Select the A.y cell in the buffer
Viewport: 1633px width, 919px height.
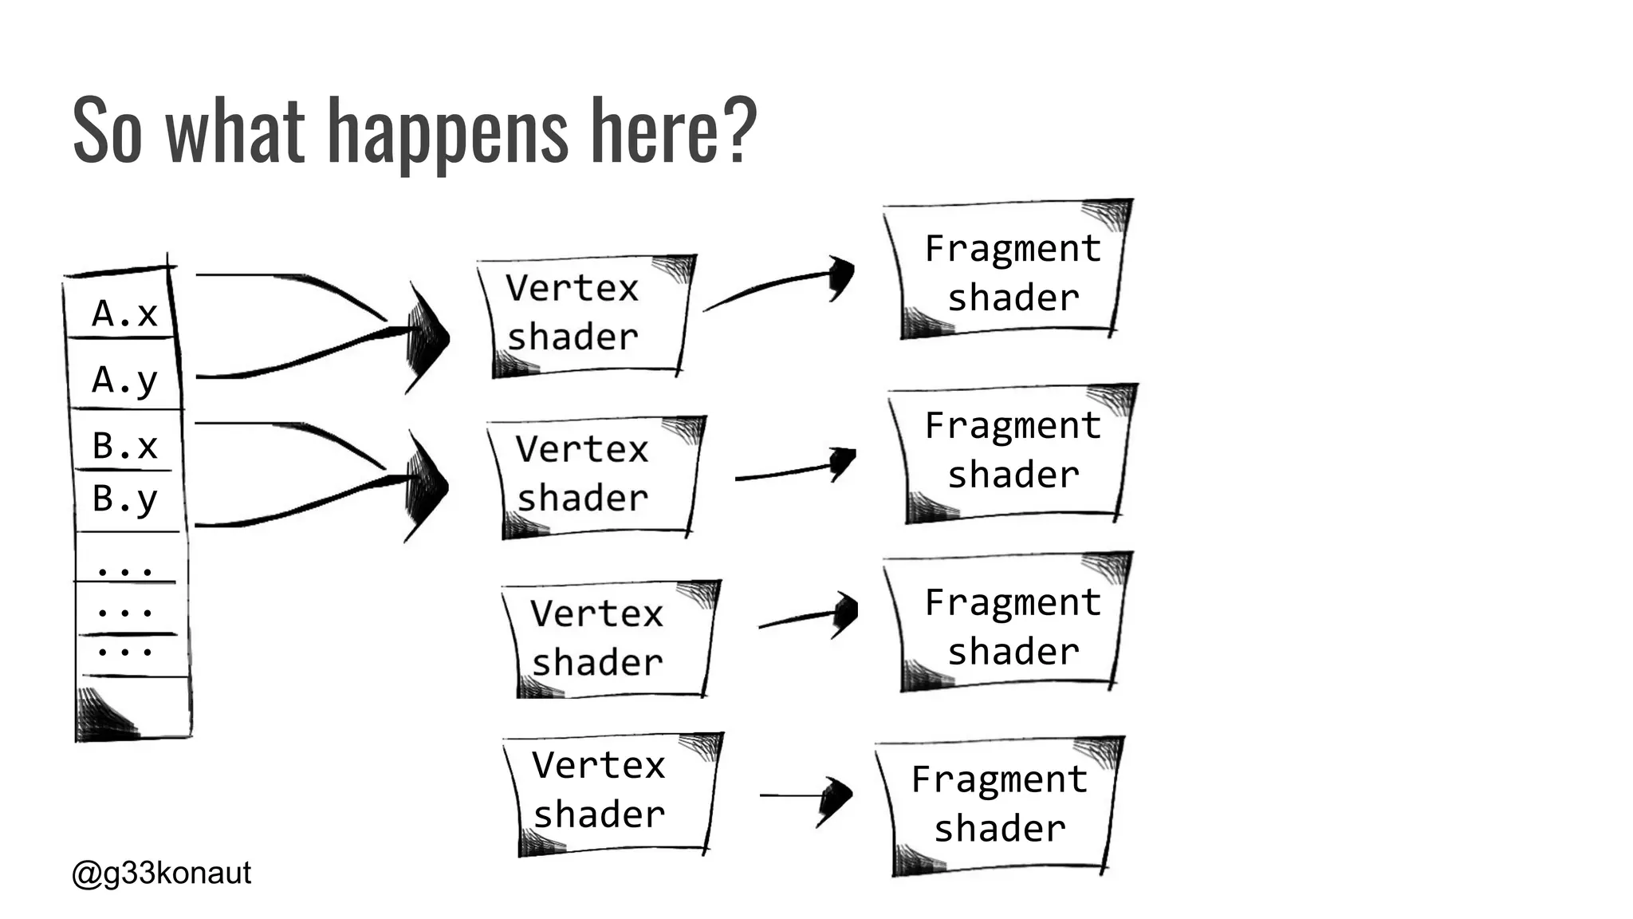(125, 379)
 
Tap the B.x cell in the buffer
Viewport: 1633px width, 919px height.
(125, 445)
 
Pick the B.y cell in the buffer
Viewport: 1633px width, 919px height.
(125, 499)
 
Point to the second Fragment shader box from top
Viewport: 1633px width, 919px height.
(1013, 451)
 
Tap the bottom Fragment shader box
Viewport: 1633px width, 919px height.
(998, 804)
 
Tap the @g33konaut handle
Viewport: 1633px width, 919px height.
(162, 873)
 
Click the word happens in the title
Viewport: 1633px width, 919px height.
(447, 132)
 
